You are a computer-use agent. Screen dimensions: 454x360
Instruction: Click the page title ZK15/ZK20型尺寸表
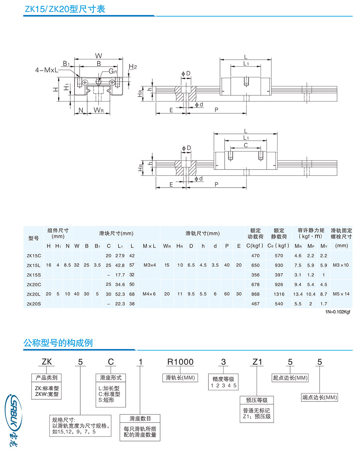[64, 9]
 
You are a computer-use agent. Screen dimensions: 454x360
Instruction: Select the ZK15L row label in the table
[33, 265]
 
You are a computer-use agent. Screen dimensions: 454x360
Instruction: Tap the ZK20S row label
[33, 304]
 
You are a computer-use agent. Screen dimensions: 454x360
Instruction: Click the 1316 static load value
[279, 294]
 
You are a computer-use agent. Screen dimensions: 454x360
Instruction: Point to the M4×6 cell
[149, 294]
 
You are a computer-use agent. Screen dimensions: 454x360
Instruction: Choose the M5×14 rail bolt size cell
[341, 294]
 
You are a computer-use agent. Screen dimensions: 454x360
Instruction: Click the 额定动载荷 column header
[255, 233]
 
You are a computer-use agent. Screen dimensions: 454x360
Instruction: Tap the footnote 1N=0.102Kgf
[337, 312]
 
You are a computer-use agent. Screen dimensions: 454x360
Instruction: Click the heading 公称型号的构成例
[58, 343]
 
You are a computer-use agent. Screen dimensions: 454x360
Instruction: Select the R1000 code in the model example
[180, 362]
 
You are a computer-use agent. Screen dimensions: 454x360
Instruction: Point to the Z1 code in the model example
[257, 362]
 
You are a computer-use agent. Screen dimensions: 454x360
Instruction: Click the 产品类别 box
[46, 378]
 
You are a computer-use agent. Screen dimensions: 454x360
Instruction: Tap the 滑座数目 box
[140, 418]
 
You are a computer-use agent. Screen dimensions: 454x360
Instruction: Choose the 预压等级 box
[257, 400]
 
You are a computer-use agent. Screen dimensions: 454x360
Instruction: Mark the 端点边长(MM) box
[319, 397]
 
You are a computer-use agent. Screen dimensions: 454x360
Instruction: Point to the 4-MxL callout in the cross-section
[46, 70]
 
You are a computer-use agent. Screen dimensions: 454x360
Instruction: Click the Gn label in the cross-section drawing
[113, 71]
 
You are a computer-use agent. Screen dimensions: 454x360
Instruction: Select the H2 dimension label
[133, 67]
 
